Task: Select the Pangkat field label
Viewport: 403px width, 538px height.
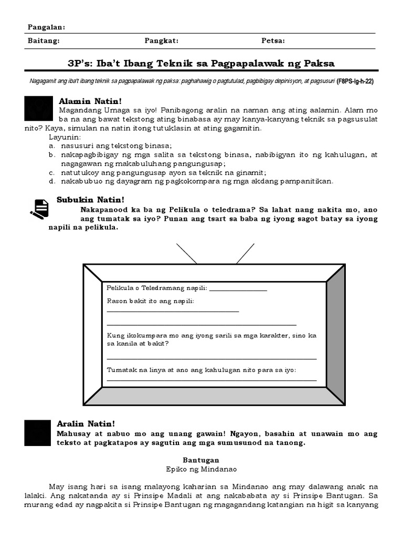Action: (x=161, y=40)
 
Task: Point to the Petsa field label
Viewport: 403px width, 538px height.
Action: (x=273, y=40)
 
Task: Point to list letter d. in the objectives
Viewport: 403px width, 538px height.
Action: (x=52, y=181)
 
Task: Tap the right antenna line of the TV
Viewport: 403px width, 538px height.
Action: (x=245, y=253)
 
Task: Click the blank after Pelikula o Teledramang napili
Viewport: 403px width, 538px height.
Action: (x=238, y=289)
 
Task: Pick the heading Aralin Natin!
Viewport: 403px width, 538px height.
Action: (x=86, y=423)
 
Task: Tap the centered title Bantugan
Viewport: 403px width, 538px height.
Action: (x=201, y=460)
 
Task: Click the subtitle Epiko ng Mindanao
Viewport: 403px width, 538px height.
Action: (x=201, y=469)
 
